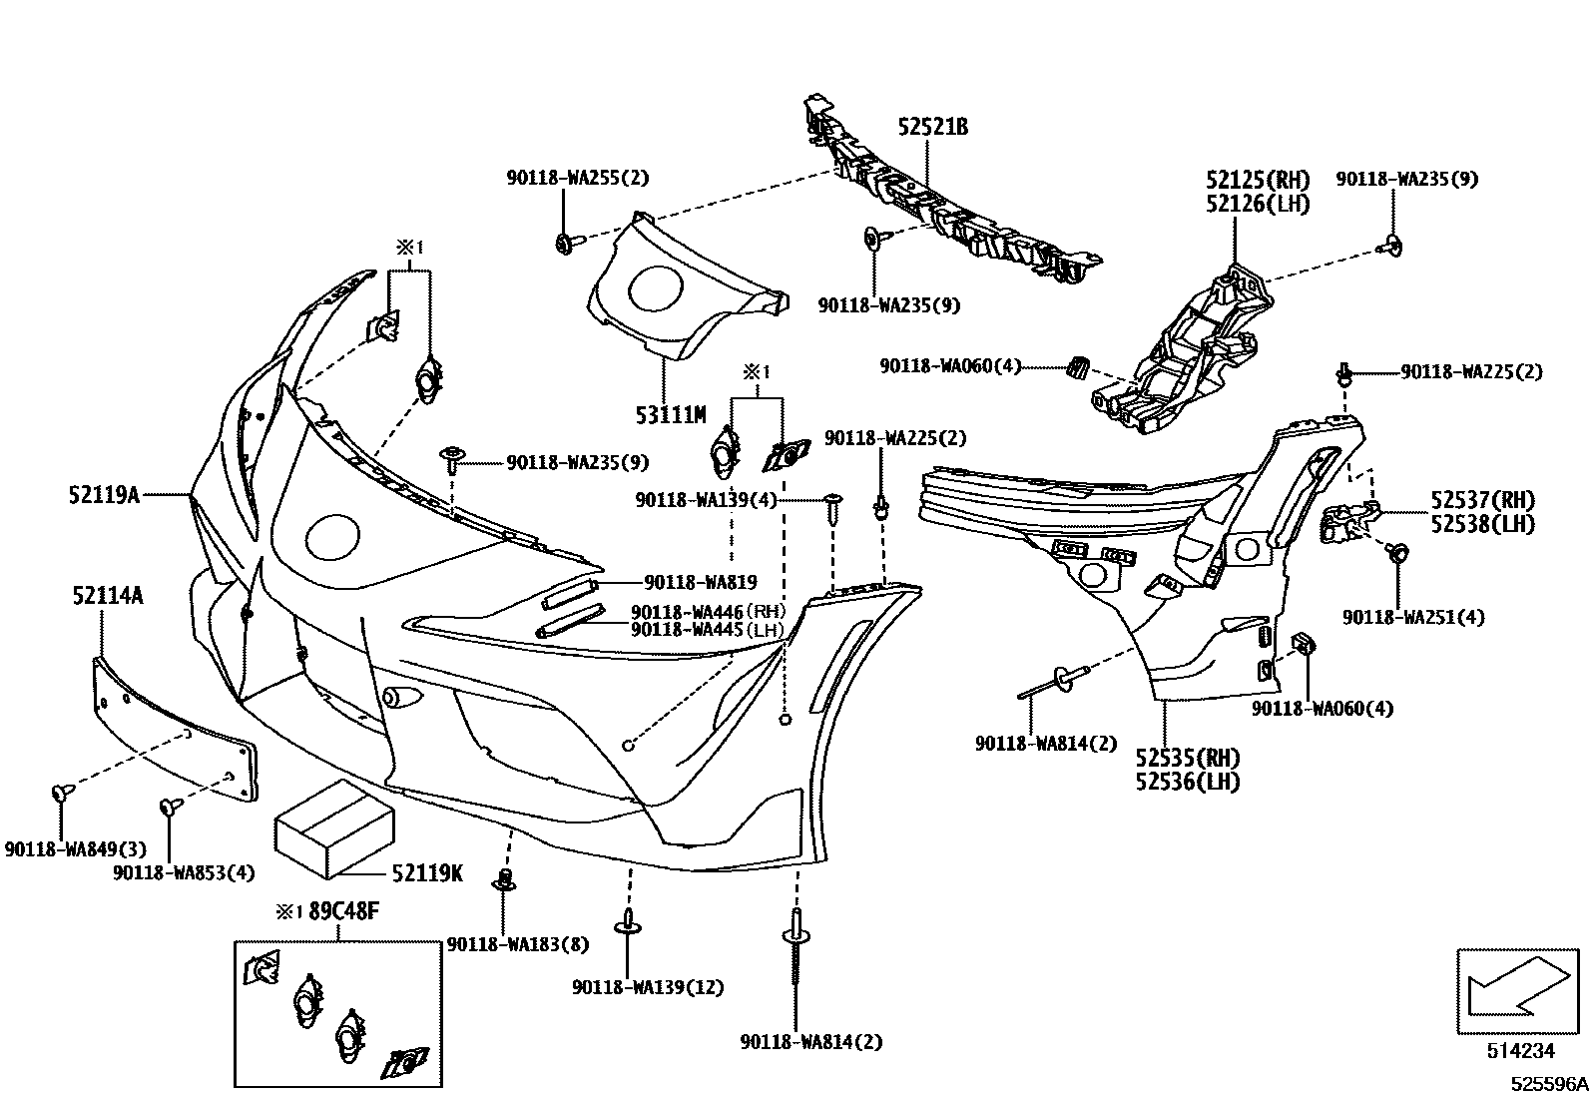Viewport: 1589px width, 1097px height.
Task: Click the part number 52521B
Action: click(x=932, y=128)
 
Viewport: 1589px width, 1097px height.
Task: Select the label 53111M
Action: click(x=670, y=414)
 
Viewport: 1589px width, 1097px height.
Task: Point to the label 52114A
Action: click(x=107, y=597)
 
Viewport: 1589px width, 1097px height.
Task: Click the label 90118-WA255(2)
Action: click(x=577, y=179)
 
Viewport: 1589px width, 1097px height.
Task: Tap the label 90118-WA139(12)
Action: click(x=648, y=987)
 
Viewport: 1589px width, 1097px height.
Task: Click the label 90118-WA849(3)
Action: click(x=75, y=849)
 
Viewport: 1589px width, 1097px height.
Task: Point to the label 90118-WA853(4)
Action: click(x=184, y=872)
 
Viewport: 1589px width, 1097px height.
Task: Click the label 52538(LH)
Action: click(x=1482, y=523)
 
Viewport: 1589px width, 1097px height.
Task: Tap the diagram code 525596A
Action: click(x=1547, y=1084)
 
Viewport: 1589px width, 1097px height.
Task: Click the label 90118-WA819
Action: click(x=700, y=582)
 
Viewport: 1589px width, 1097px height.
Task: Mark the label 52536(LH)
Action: click(x=1187, y=782)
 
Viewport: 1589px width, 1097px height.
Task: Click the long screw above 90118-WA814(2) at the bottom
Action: click(x=795, y=953)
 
